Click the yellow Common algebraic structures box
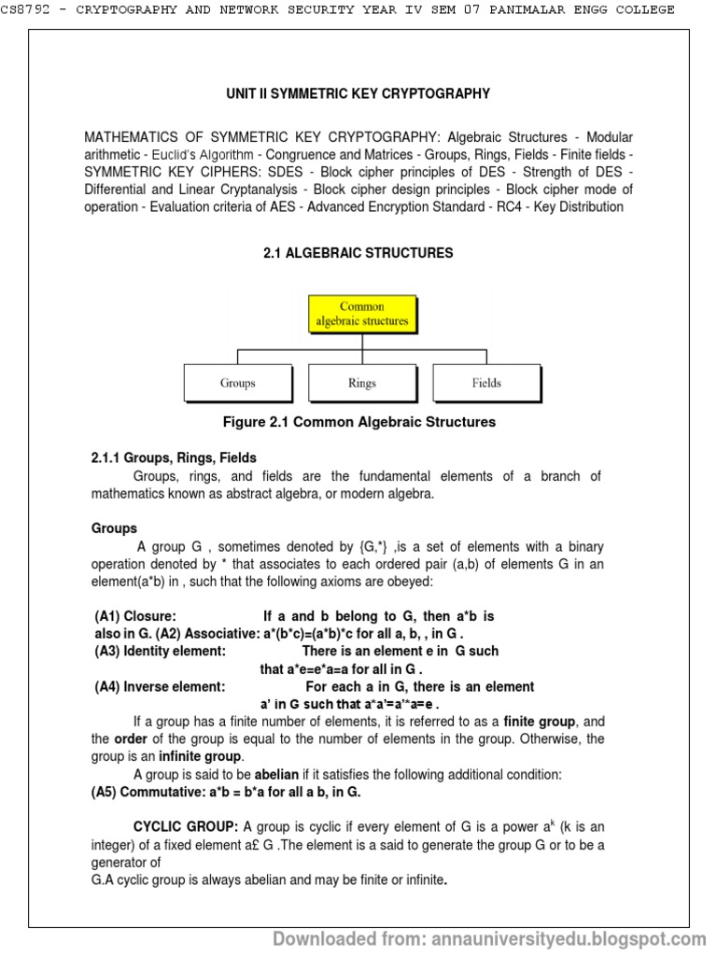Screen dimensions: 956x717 [360, 314]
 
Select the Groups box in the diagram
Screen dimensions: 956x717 [237, 383]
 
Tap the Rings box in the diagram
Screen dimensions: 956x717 [361, 383]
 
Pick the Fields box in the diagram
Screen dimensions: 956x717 [485, 383]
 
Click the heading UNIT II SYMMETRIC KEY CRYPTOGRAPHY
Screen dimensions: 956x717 [358, 94]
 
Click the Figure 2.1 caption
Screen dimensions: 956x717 [358, 422]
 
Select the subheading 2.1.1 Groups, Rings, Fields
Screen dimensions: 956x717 [174, 457]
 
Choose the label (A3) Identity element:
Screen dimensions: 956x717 [160, 651]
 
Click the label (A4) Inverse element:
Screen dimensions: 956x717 [160, 686]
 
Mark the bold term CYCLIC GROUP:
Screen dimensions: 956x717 [186, 827]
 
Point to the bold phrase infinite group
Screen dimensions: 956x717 [202, 756]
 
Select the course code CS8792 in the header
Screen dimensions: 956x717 [29, 9]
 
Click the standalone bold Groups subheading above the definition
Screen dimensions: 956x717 [114, 528]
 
